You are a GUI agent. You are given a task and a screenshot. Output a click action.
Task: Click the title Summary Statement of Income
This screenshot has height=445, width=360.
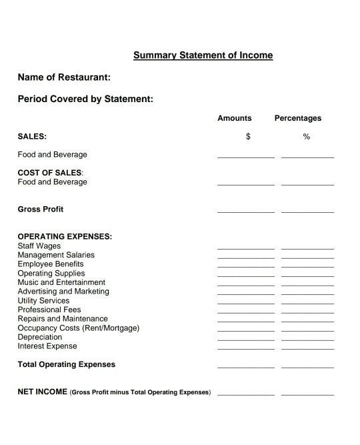(x=203, y=55)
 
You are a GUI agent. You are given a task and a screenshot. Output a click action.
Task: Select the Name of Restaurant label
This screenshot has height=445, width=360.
(x=64, y=77)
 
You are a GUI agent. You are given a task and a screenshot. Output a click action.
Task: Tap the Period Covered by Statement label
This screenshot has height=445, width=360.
(x=85, y=99)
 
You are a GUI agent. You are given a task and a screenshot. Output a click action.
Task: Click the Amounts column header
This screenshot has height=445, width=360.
(x=235, y=118)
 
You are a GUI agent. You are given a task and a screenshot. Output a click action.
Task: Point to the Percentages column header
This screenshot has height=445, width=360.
(x=298, y=118)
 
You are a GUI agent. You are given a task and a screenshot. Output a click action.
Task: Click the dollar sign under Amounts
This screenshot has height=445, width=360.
(x=248, y=137)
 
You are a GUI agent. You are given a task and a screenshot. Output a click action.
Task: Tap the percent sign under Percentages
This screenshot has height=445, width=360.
(x=307, y=137)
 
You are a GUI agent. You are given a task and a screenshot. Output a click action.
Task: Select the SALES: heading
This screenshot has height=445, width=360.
(x=32, y=136)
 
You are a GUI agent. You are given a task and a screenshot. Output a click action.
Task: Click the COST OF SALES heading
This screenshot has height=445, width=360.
(x=50, y=173)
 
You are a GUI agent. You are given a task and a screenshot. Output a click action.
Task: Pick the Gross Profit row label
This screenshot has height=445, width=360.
(x=41, y=209)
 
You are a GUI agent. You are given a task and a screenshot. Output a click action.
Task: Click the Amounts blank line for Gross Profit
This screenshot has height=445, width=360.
(x=245, y=211)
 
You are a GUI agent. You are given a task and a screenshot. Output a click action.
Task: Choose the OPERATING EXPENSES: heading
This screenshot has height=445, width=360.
(x=65, y=237)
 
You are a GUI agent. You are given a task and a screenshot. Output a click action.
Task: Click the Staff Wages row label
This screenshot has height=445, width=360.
(x=39, y=246)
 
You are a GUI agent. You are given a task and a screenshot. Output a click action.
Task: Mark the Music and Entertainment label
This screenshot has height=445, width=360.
(x=61, y=282)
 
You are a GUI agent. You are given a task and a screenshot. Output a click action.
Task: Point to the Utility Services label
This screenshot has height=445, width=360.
(x=43, y=301)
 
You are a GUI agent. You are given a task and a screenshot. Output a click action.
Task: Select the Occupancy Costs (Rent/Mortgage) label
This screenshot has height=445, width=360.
(x=79, y=328)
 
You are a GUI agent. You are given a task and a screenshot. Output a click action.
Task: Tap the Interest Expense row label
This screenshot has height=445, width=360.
(x=47, y=346)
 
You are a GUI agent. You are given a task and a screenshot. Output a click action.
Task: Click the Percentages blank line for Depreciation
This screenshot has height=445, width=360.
(x=307, y=340)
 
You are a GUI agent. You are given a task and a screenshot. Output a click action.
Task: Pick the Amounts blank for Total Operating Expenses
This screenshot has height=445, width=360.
(x=245, y=367)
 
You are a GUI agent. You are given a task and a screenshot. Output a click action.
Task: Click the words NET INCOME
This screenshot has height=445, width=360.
(x=42, y=392)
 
